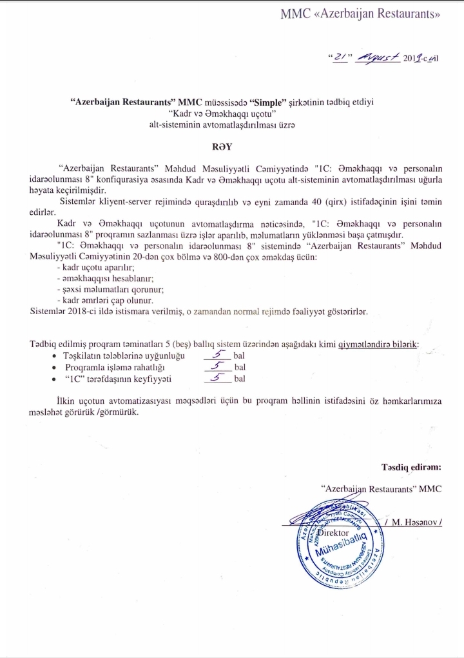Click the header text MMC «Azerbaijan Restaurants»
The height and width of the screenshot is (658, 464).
(360, 15)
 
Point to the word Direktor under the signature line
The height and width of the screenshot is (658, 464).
(333, 534)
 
